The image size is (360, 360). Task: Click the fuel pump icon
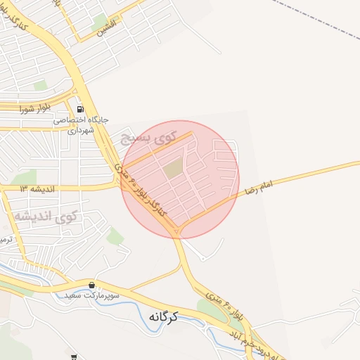pos(80,109)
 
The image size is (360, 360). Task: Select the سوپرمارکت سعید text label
pos(91,296)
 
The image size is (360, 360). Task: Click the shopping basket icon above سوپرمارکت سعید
pos(91,285)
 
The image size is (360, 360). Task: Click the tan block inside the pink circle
pos(173,167)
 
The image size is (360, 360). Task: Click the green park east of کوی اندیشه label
pos(115,236)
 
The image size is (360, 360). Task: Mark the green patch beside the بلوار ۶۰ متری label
pos(210,310)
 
